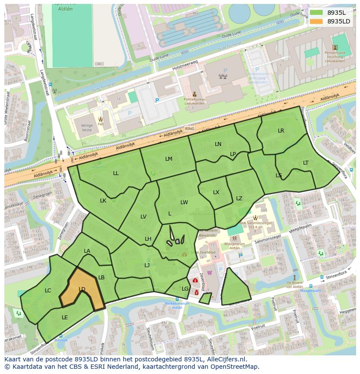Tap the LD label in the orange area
click(x=82, y=289)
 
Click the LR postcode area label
click(x=281, y=131)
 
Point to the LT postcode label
click(x=306, y=163)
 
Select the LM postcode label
click(x=169, y=159)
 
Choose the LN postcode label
click(x=218, y=144)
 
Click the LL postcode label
click(x=116, y=173)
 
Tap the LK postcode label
click(x=103, y=201)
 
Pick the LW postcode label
click(x=184, y=202)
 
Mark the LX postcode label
click(x=216, y=192)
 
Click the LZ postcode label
click(x=239, y=199)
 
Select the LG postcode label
click(x=185, y=289)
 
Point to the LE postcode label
click(x=65, y=318)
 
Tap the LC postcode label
click(x=48, y=291)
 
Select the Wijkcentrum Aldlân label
click(x=234, y=246)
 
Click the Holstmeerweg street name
click(x=185, y=66)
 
